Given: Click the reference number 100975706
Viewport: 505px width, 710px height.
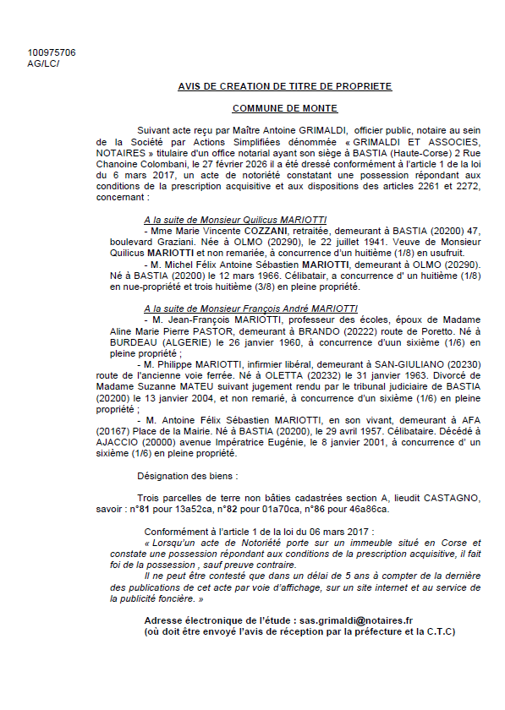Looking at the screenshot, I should [51, 52].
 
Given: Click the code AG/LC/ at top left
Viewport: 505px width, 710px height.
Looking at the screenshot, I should [43, 63].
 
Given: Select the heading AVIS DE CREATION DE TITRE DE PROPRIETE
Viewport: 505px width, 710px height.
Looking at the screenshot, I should [284, 86].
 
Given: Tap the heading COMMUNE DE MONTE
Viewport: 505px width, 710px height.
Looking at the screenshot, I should [284, 108].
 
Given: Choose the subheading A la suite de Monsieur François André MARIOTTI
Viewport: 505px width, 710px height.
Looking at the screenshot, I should [250, 309].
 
